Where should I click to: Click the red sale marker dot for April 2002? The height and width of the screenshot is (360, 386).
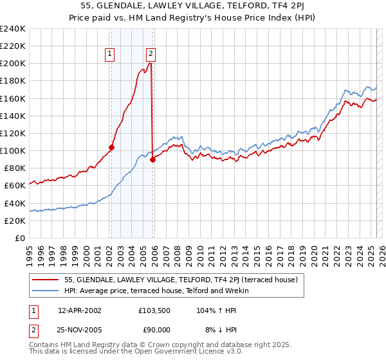[111, 147]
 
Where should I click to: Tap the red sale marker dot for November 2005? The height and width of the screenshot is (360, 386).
[152, 159]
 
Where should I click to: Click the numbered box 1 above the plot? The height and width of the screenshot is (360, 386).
[111, 55]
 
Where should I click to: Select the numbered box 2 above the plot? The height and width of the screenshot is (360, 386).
[151, 55]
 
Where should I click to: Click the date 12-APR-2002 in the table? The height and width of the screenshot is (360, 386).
[80, 310]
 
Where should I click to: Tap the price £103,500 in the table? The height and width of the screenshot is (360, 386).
[154, 310]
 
